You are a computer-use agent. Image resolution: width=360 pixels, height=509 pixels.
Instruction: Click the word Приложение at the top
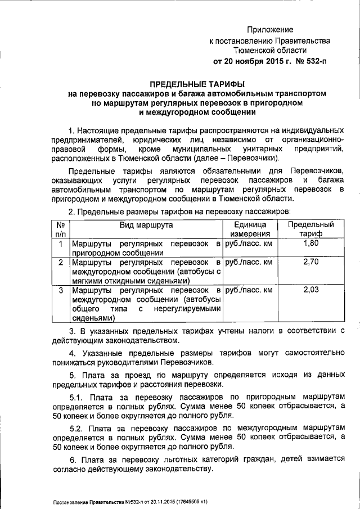coord(272,29)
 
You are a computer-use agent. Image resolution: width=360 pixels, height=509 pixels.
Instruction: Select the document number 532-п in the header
coord(313,61)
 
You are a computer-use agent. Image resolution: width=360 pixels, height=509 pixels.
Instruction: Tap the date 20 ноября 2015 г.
coord(254,61)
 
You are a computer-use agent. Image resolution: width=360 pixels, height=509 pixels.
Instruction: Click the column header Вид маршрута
coord(146,225)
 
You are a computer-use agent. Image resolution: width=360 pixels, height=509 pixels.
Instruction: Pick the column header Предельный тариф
coord(310,229)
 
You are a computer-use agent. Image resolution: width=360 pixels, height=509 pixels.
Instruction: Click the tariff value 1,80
coord(310,244)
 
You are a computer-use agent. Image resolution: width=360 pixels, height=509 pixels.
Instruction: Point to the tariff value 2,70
coord(310,262)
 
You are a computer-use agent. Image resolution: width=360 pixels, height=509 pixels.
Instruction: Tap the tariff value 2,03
coord(310,290)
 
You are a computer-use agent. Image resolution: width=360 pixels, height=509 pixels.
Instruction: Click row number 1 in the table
coord(60,244)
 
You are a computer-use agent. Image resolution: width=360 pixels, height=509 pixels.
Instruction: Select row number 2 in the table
coord(60,263)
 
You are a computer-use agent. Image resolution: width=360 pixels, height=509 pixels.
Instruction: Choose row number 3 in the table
coord(60,290)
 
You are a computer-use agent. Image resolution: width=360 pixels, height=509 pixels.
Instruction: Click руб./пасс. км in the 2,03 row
coord(248,290)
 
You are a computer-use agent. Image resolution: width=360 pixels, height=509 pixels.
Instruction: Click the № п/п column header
coord(60,229)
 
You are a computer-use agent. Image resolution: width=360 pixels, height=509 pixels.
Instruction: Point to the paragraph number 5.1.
coord(75,398)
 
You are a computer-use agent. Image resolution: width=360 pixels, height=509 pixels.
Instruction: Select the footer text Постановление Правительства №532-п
coord(96,502)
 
